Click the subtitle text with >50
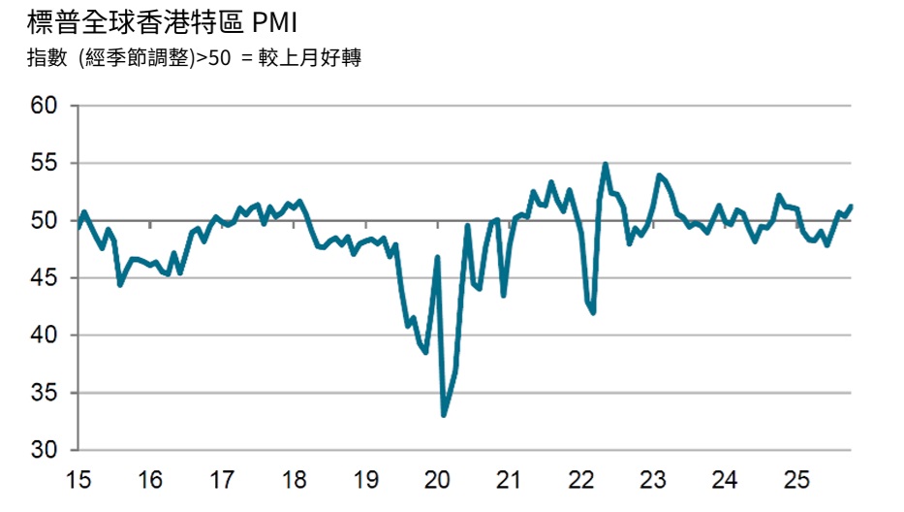[194, 59]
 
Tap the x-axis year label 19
[365, 480]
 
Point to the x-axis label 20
[437, 480]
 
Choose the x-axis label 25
[795, 480]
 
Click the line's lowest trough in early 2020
[444, 415]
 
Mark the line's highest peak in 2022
[606, 164]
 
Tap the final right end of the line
[851, 206]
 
